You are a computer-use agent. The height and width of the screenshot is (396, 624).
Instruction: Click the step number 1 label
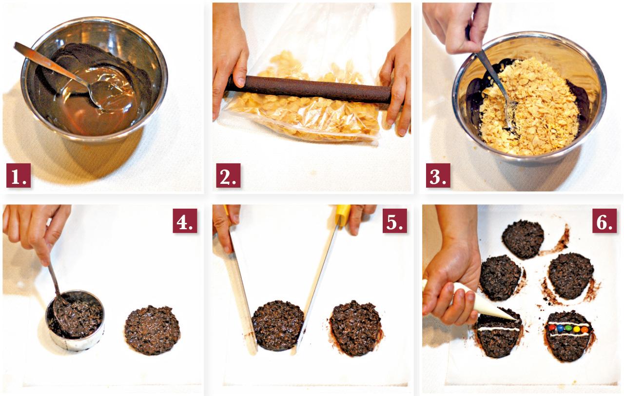tap(19, 176)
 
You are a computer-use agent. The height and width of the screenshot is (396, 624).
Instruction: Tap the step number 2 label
tap(228, 176)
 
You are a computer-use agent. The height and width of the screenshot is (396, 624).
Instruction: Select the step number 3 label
tap(438, 176)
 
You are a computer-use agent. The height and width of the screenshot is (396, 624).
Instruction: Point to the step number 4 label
tap(185, 221)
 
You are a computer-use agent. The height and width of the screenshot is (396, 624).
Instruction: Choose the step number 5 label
tap(395, 221)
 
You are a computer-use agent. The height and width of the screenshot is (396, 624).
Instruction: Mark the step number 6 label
tap(604, 221)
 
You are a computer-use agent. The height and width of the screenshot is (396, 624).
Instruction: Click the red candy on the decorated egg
tap(552, 328)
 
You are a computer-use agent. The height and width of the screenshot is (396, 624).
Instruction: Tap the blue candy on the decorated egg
tap(560, 328)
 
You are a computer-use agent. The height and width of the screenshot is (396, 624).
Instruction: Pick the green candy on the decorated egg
tap(568, 328)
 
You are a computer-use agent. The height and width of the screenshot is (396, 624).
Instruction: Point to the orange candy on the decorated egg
tap(585, 330)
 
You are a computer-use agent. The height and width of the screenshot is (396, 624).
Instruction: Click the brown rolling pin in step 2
tap(309, 90)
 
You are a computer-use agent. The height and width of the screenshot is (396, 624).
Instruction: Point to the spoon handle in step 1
tap(50, 63)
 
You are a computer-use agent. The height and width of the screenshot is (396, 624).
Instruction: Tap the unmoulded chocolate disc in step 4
tap(152, 330)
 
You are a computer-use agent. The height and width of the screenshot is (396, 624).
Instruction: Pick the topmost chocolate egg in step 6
tap(523, 239)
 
